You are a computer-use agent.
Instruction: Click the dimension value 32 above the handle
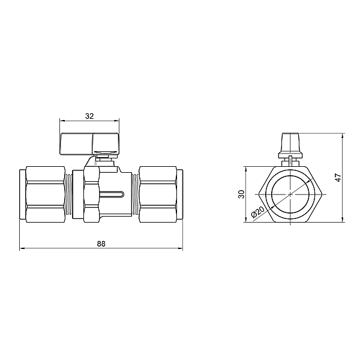click(89, 116)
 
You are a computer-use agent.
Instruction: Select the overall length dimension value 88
click(101, 244)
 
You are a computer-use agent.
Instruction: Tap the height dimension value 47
click(338, 178)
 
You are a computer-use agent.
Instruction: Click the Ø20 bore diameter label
click(258, 212)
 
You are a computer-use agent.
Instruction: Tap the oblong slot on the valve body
click(112, 194)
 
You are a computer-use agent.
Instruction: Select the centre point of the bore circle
click(290, 194)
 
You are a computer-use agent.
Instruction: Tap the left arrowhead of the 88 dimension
click(22, 248)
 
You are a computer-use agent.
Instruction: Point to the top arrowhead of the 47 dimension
click(343, 134)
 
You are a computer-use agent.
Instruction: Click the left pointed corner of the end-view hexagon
click(256, 194)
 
